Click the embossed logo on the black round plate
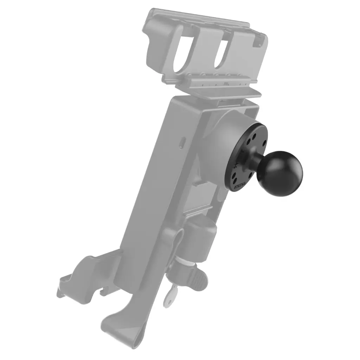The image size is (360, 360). tap(240, 185)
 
